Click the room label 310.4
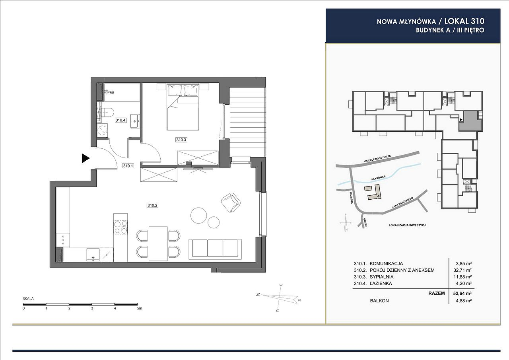pyautogui.click(x=120, y=120)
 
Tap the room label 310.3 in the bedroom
pyautogui.click(x=181, y=140)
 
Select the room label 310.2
pyautogui.click(x=152, y=205)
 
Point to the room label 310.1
pyautogui.click(x=128, y=166)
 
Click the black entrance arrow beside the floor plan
pyautogui.click(x=85, y=158)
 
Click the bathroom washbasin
pyautogui.click(x=135, y=121)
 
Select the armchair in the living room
pyautogui.click(x=231, y=202)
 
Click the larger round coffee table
pyautogui.click(x=198, y=215)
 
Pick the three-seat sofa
pyautogui.click(x=215, y=249)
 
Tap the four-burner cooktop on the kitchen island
pyautogui.click(x=120, y=227)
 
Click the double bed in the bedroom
pyautogui.click(x=183, y=107)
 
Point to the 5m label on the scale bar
pyautogui.click(x=140, y=308)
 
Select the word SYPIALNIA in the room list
pyautogui.click(x=381, y=277)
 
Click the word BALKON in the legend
pyautogui.click(x=379, y=301)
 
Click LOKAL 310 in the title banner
pyautogui.click(x=464, y=21)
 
